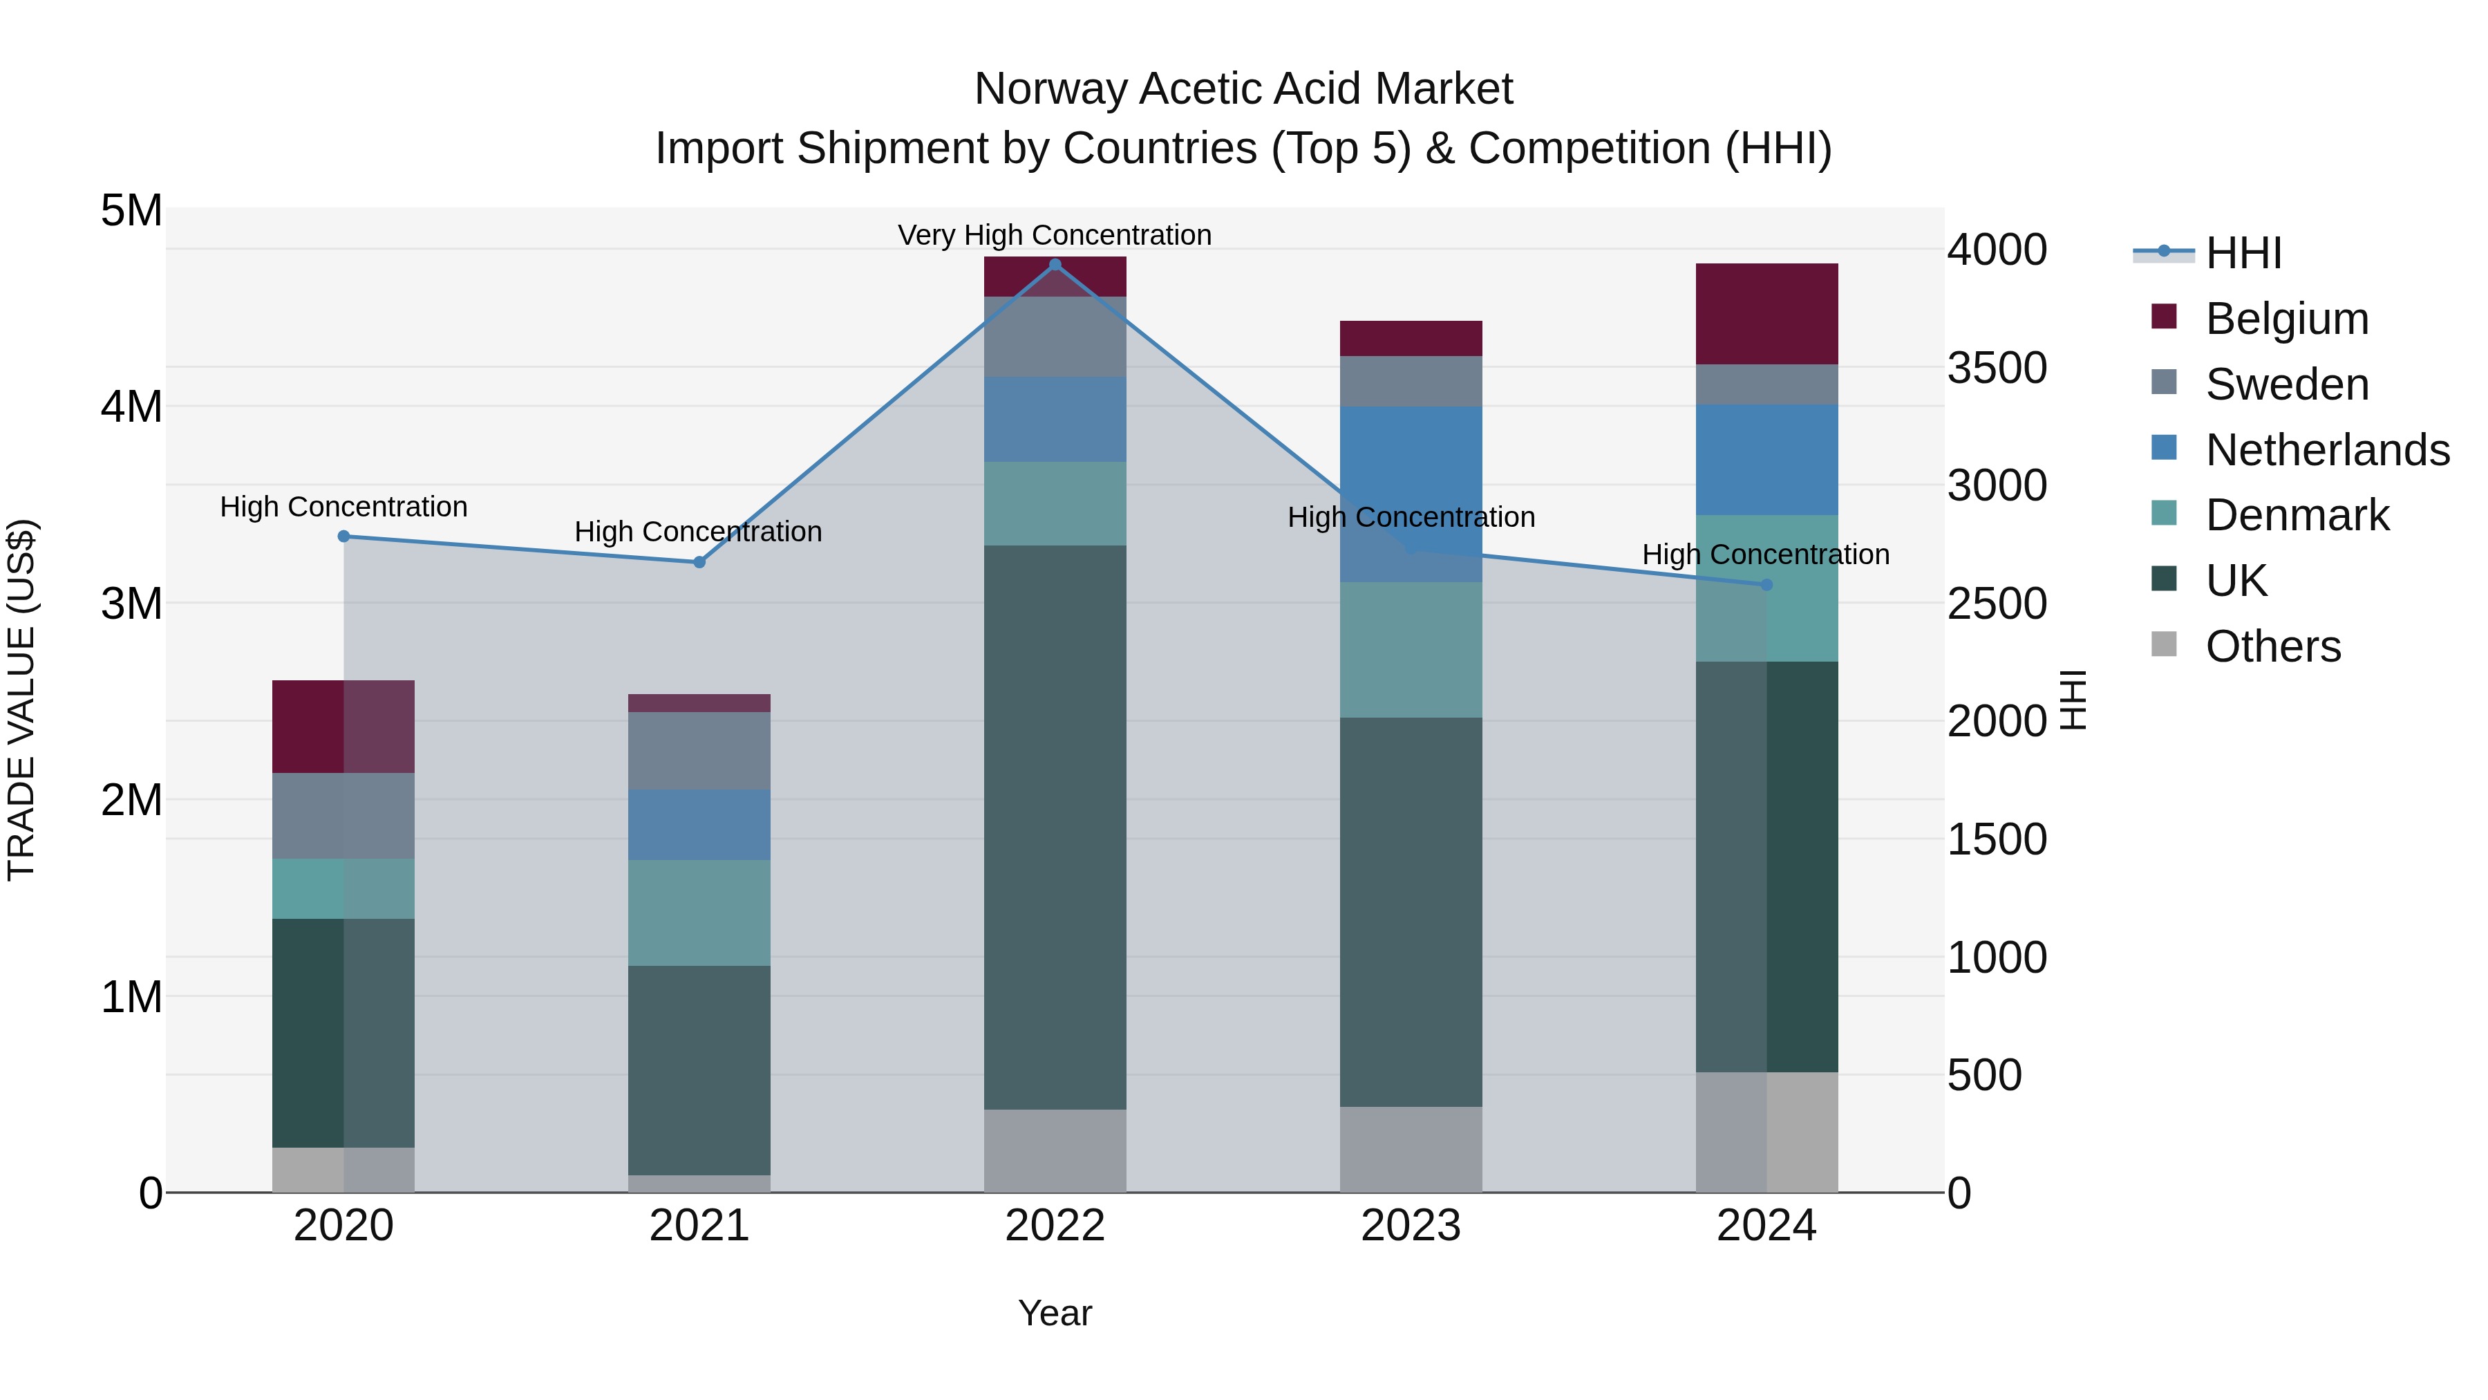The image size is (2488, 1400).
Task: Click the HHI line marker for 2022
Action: pyautogui.click(x=1055, y=265)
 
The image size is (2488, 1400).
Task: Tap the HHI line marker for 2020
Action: pyautogui.click(x=344, y=536)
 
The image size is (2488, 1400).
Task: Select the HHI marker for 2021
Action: pyautogui.click(x=699, y=562)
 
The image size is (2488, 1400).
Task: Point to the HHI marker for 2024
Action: pyautogui.click(x=1766, y=584)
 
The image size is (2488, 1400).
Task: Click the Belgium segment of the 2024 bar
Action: pyautogui.click(x=1766, y=314)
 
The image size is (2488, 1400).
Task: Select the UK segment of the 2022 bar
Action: pyautogui.click(x=1055, y=827)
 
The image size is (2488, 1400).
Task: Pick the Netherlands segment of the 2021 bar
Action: pyautogui.click(x=699, y=825)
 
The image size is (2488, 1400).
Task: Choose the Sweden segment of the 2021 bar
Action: pyautogui.click(x=699, y=751)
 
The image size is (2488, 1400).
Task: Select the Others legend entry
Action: pyautogui.click(x=2272, y=646)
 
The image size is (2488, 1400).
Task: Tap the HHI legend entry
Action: pyautogui.click(x=2243, y=253)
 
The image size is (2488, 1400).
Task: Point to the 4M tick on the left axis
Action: pyautogui.click(x=131, y=407)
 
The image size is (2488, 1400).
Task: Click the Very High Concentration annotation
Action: pyautogui.click(x=1055, y=235)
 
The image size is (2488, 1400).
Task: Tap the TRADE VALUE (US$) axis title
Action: pyautogui.click(x=21, y=700)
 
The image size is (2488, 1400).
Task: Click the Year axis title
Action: pyautogui.click(x=1055, y=1313)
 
